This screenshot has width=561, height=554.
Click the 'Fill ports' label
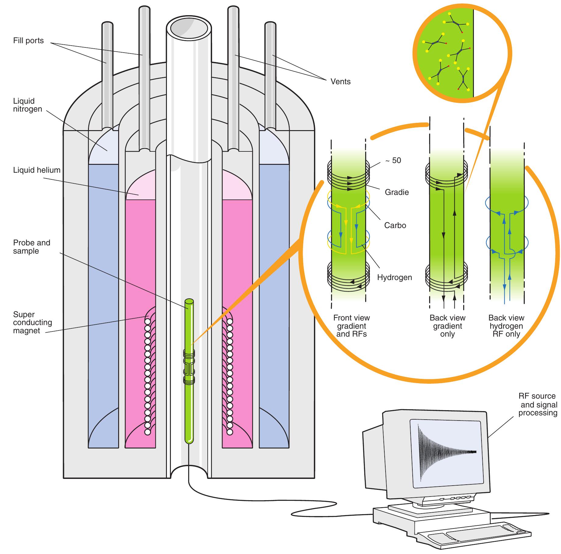click(28, 41)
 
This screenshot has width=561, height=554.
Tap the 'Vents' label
click(340, 82)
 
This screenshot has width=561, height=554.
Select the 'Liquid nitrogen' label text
click(27, 105)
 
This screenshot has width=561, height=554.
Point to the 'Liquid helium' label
click(37, 170)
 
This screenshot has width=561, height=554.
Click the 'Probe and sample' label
click(31, 247)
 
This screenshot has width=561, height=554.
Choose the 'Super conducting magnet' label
click(32, 323)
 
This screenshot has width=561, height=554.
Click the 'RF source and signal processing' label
click(538, 404)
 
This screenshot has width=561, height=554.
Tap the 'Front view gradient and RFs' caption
click(351, 326)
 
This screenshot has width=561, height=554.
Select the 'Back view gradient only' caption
click(447, 326)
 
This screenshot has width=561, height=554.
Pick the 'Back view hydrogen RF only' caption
click(506, 326)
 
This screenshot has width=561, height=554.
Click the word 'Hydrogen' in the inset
click(394, 278)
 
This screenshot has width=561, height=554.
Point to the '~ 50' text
click(393, 161)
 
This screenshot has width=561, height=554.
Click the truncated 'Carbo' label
click(395, 226)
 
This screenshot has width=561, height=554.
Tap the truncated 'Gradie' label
click(397, 192)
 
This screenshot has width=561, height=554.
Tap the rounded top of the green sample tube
click(189, 302)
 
